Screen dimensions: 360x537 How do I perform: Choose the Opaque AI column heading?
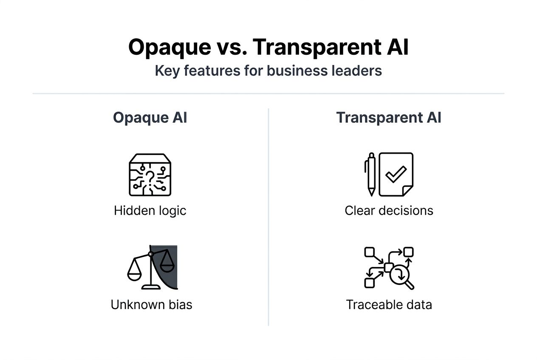pos(150,118)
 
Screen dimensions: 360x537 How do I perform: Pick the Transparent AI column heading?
pos(389,118)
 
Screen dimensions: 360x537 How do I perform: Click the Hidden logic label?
pos(150,211)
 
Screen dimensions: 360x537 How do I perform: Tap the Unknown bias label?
pos(151,304)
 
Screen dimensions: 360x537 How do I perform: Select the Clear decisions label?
pos(389,211)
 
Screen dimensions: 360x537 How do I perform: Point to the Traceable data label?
pos(389,304)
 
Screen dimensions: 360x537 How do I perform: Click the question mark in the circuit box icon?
pos(150,177)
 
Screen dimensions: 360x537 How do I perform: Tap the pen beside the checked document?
pos(371,174)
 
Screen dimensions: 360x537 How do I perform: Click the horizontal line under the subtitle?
pos(268,93)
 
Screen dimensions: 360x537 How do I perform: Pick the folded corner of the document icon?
pos(407,191)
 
